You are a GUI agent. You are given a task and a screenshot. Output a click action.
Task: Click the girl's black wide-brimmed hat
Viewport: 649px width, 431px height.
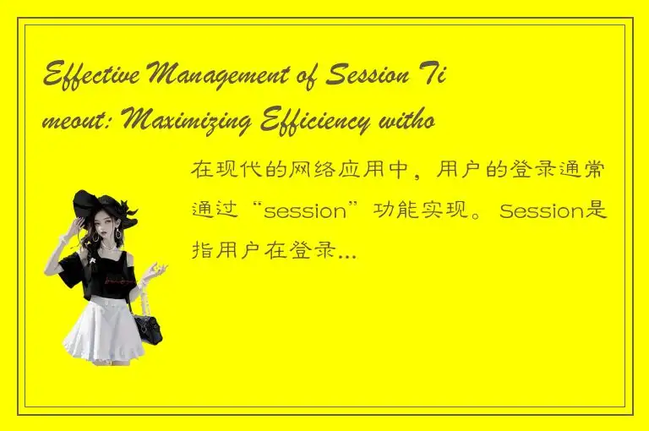100,205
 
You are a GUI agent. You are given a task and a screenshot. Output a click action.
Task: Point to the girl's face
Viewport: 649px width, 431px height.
106,231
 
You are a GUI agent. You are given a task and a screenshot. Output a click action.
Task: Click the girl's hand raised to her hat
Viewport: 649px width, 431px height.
80,226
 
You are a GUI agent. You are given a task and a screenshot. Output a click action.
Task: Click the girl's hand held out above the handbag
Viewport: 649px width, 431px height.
156,270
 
